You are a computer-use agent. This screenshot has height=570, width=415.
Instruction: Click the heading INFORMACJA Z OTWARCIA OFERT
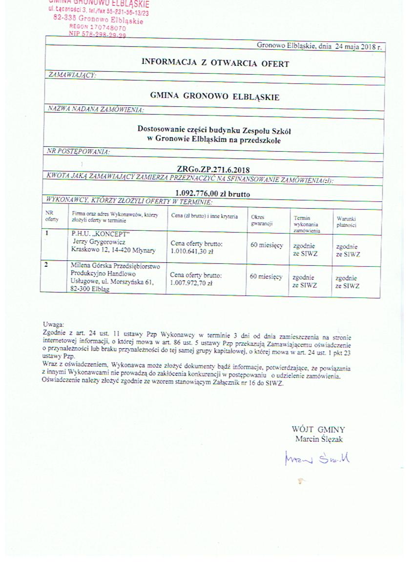(x=215, y=63)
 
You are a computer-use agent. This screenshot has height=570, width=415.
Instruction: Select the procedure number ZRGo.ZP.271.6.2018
(x=213, y=170)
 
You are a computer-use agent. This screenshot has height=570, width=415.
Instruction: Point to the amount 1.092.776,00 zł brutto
(x=212, y=194)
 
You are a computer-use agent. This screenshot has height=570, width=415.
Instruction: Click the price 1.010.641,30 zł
(x=192, y=251)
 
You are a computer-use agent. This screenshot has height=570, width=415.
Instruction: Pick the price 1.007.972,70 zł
(x=191, y=283)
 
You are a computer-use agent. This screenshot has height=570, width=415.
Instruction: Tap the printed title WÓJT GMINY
(x=318, y=430)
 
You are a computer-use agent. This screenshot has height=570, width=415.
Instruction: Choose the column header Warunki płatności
(x=346, y=222)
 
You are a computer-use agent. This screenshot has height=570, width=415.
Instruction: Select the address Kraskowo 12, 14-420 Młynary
(x=113, y=250)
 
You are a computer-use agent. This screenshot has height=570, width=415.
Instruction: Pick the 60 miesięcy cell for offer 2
(x=266, y=276)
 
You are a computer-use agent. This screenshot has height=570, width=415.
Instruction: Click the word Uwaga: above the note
(x=53, y=324)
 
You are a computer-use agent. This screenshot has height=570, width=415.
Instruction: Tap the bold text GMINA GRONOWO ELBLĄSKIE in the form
(x=215, y=97)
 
